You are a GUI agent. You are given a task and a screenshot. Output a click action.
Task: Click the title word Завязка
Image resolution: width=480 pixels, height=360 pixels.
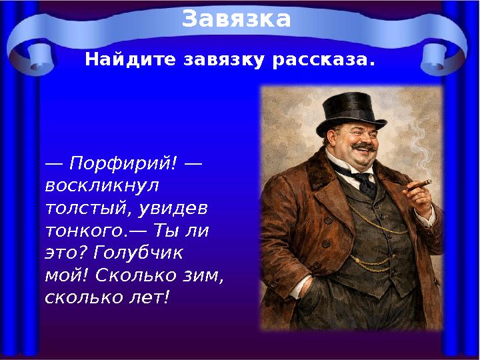(237, 19)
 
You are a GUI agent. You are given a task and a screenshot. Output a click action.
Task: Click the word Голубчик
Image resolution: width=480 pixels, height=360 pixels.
(139, 253)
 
